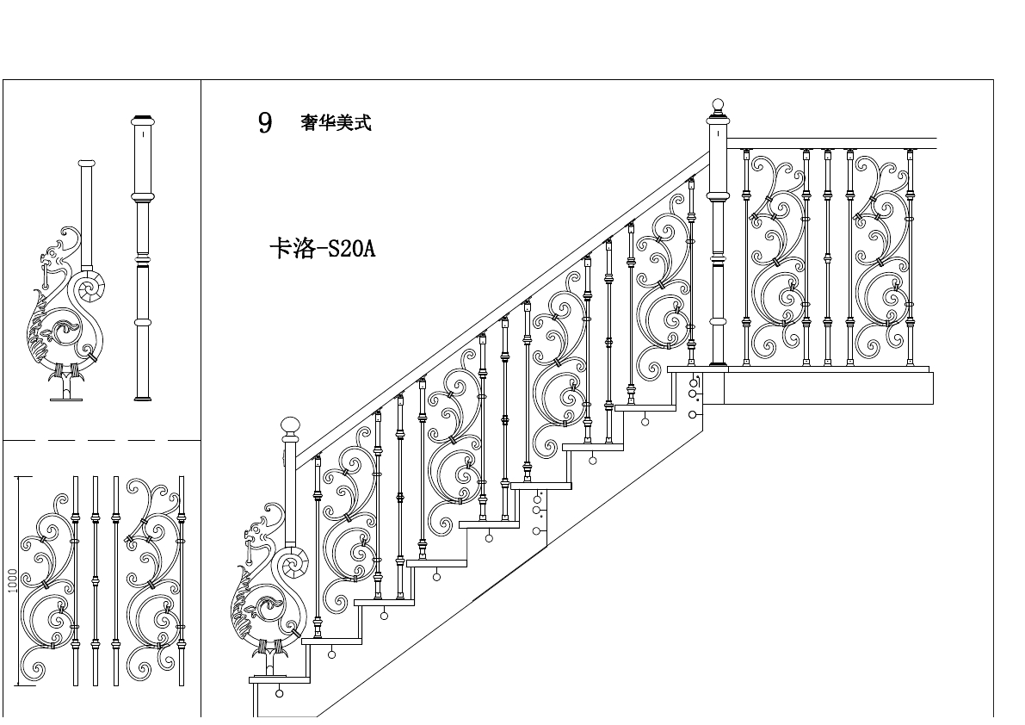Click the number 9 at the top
[x=265, y=123]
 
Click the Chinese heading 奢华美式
[x=336, y=123]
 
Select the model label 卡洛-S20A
[x=323, y=249]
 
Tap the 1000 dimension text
[x=12, y=579]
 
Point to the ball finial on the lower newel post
[x=291, y=424]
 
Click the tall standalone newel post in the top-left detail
[x=143, y=258]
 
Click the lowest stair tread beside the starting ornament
[x=279, y=679]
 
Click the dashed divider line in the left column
[x=102, y=440]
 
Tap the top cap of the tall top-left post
[x=143, y=119]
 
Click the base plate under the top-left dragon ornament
[x=65, y=398]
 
